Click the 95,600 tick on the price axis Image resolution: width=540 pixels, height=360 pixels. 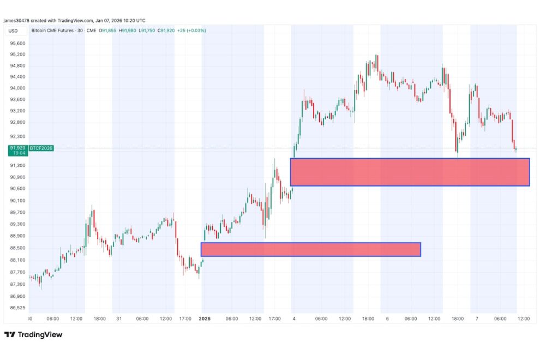[x=17, y=43]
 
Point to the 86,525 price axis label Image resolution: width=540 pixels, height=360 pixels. [x=17, y=308]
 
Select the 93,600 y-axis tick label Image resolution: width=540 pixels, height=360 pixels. [x=17, y=99]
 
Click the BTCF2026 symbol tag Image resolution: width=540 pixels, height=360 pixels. [x=41, y=148]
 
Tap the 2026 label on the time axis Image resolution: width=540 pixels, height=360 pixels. [x=205, y=318]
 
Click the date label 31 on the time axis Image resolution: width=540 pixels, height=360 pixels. [x=118, y=318]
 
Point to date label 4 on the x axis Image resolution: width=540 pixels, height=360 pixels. [x=294, y=318]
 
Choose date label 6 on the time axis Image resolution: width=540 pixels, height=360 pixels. [x=387, y=318]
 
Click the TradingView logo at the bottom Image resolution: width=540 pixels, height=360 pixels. [x=33, y=334]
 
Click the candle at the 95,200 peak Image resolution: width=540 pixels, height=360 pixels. [x=376, y=58]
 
